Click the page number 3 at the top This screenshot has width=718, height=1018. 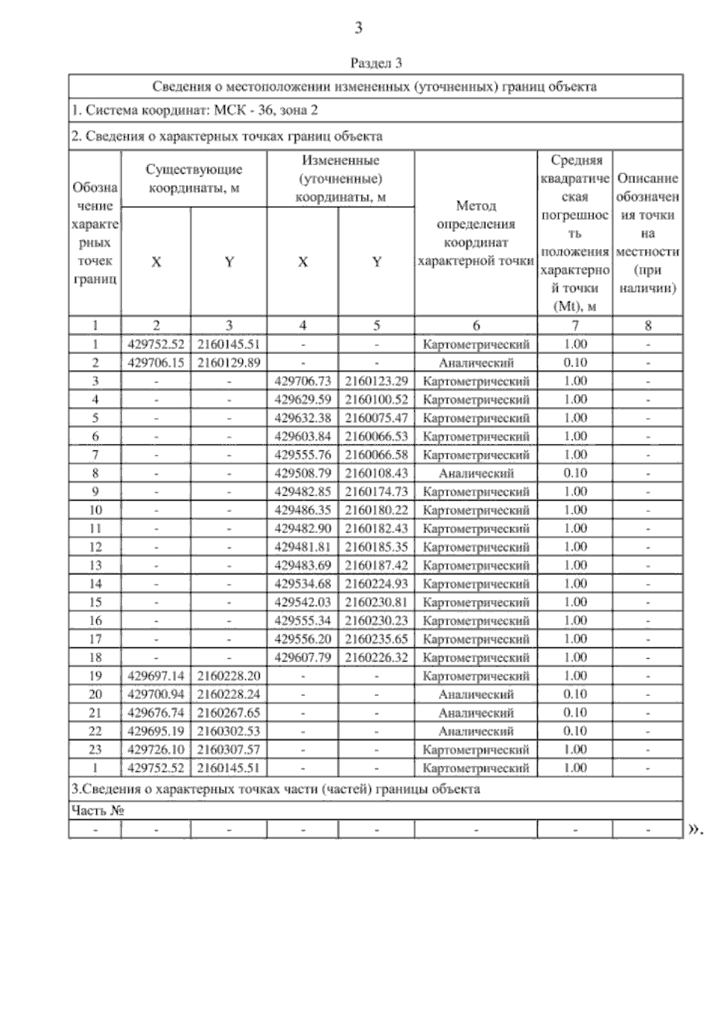click(x=358, y=28)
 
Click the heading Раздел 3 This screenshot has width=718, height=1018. click(x=376, y=63)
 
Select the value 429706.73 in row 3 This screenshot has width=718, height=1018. click(x=303, y=381)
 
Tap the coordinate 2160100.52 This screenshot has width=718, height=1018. click(x=376, y=399)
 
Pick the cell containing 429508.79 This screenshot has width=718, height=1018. click(x=303, y=473)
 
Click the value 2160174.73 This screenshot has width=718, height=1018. click(x=376, y=492)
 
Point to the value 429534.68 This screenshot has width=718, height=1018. click(x=303, y=584)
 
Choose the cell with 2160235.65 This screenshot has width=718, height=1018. click(x=376, y=639)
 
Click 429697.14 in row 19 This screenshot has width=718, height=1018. click(x=156, y=676)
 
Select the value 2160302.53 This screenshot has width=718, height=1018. click(x=229, y=731)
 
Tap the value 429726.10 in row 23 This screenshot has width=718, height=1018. click(x=156, y=750)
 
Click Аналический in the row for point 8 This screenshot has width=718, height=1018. click(x=476, y=473)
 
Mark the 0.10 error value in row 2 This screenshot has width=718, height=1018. click(x=575, y=362)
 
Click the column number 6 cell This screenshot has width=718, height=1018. click(x=476, y=325)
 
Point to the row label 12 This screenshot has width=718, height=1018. click(x=95, y=547)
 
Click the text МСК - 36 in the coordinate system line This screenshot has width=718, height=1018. click(x=238, y=111)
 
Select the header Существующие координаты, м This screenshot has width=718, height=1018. click(x=194, y=178)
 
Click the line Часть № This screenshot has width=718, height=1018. click(x=98, y=811)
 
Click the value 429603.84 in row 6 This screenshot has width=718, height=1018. click(x=303, y=437)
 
